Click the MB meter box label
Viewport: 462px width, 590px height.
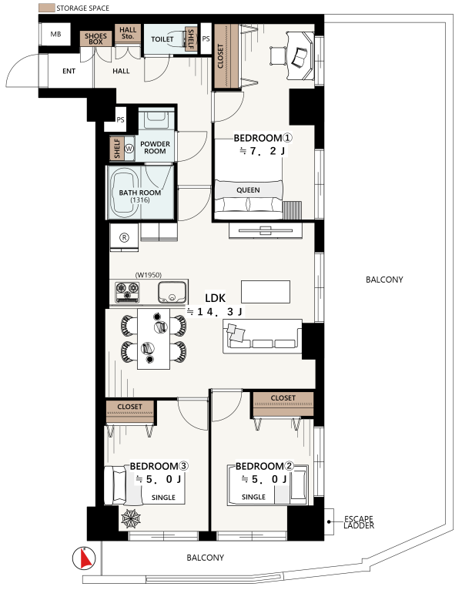click(x=55, y=34)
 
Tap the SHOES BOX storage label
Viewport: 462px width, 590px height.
click(x=95, y=39)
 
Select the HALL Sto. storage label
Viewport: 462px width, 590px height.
click(x=128, y=33)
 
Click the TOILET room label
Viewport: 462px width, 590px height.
click(x=162, y=39)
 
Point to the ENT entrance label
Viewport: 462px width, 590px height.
click(x=69, y=71)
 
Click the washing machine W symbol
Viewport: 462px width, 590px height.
click(x=129, y=149)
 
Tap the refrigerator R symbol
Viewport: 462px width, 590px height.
click(x=124, y=237)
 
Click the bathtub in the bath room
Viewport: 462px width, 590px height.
click(x=125, y=193)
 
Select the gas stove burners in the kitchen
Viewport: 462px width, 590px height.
click(x=127, y=292)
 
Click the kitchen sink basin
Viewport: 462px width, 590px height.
click(x=172, y=293)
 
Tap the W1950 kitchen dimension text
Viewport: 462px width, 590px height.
click(x=149, y=275)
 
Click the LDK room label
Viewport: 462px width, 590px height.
click(x=215, y=298)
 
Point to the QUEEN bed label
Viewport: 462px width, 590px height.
click(x=248, y=190)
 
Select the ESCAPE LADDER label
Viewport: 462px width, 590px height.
click(x=359, y=522)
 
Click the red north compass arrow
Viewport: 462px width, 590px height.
click(x=86, y=558)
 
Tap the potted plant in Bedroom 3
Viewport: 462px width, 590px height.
click(x=131, y=519)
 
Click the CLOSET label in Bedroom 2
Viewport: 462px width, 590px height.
click(x=283, y=398)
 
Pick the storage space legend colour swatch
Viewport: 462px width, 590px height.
click(x=47, y=8)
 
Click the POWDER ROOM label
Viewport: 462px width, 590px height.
click(x=155, y=148)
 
